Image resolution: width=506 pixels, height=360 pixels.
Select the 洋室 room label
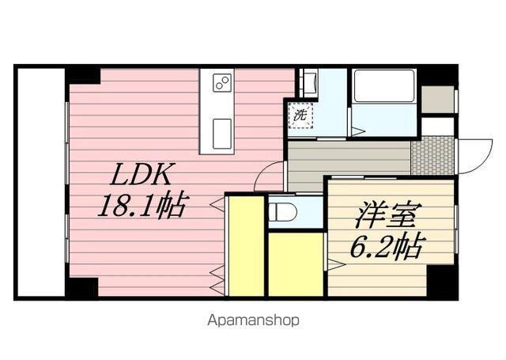pos(384,214)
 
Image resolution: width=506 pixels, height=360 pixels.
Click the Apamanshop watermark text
pos(253,320)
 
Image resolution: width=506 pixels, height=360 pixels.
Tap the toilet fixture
pos(282,211)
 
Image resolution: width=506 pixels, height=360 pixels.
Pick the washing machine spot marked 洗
pos(300,115)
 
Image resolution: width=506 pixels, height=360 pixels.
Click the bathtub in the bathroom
pos(383,86)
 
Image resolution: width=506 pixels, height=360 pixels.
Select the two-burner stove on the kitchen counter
pos(221,83)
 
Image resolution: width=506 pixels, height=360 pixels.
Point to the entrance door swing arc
pos(473,154)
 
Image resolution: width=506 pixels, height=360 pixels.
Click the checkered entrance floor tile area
pos(432,156)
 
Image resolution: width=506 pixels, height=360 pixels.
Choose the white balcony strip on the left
pos(40,182)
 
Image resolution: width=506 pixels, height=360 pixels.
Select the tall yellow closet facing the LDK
pos(246,245)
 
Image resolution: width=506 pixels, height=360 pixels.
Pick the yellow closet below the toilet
pos(296,264)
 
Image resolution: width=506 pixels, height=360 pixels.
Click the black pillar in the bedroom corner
pos(441,282)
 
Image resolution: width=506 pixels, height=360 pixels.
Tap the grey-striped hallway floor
pos(348,155)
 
